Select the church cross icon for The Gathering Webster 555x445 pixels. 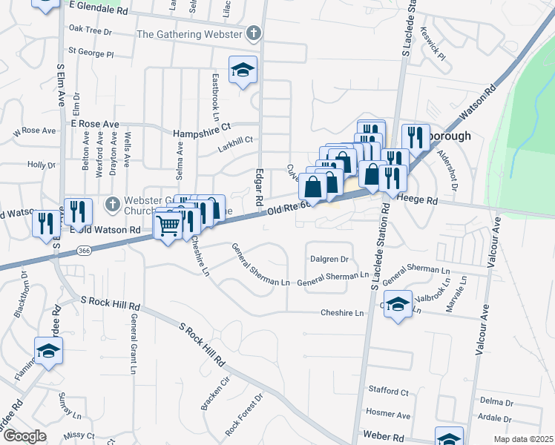[x=254, y=33]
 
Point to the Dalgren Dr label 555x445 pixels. [x=328, y=260]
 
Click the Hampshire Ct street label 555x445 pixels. [x=203, y=133]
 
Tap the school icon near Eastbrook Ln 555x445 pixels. [x=243, y=70]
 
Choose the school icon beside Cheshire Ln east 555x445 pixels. [x=398, y=305]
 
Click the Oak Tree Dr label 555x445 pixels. [x=90, y=32]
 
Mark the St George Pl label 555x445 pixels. [x=91, y=53]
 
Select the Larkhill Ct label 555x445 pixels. [x=234, y=139]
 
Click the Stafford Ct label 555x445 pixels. [x=388, y=391]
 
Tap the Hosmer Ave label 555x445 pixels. [x=388, y=413]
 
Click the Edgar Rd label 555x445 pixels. [x=258, y=186]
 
